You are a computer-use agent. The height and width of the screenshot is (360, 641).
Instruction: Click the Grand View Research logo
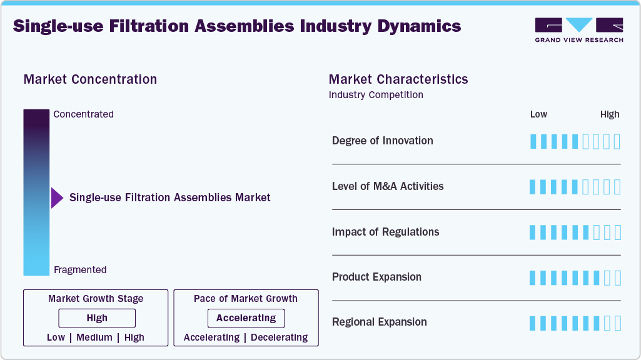[578, 30]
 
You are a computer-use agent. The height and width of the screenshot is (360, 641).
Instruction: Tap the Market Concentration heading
[90, 79]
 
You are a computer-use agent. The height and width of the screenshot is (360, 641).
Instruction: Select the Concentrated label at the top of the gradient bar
[83, 114]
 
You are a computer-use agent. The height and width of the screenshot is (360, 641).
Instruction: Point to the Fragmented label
[80, 270]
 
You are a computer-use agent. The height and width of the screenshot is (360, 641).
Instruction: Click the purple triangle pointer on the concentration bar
[57, 197]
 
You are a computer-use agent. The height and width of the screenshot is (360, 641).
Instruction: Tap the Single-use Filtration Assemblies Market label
[169, 197]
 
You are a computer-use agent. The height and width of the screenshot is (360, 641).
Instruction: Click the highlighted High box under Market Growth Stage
[97, 318]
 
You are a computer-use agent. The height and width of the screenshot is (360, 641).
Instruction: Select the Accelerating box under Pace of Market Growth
[246, 318]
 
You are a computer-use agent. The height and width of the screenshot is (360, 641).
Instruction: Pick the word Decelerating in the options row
[279, 337]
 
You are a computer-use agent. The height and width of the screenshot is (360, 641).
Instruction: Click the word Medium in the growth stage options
[94, 337]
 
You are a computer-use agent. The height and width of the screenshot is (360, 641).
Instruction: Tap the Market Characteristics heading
[398, 79]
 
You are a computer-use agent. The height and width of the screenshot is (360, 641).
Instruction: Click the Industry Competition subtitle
[376, 95]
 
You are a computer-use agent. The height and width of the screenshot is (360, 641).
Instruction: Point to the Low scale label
[538, 114]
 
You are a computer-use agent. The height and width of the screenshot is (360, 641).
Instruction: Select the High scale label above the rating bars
[610, 114]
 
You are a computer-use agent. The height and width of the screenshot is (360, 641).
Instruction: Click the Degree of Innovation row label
[382, 141]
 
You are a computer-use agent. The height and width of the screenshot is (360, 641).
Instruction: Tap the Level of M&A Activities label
[388, 186]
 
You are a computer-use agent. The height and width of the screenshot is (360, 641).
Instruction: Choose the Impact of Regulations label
[385, 232]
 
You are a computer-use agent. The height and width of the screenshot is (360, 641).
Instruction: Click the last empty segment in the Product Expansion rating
[617, 277]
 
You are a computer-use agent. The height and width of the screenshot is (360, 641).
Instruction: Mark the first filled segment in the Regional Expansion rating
[533, 323]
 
